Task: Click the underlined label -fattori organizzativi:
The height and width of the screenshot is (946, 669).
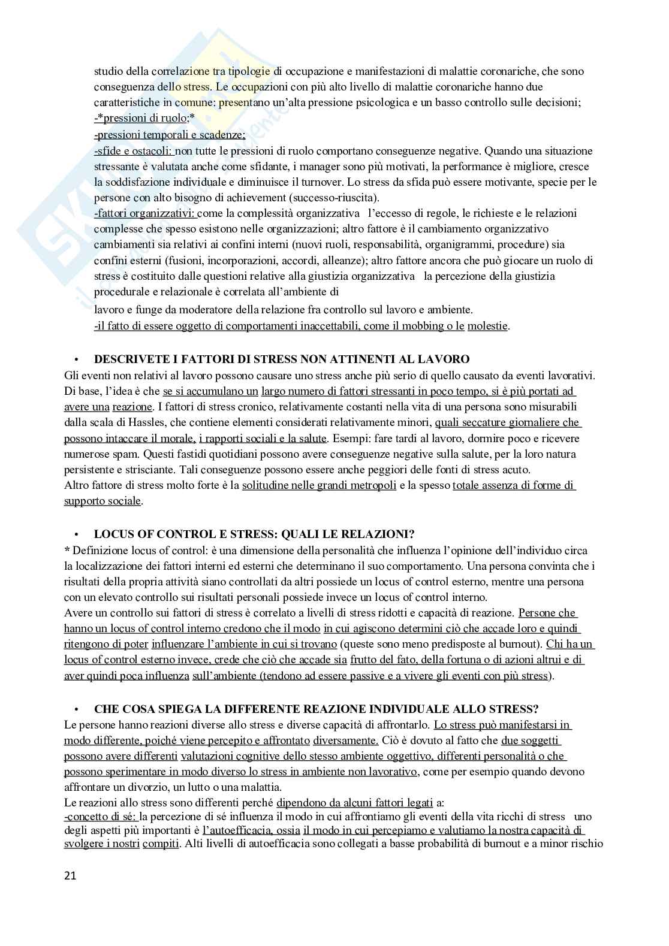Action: pos(144,213)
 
